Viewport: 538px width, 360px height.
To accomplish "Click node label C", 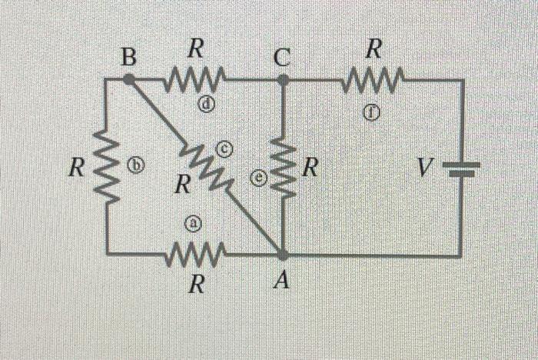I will tap(282, 55).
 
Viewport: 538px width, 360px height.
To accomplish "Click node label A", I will tap(282, 282).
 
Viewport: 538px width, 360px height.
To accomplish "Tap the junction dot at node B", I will tap(129, 78).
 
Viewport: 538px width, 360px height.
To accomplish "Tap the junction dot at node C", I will tap(283, 78).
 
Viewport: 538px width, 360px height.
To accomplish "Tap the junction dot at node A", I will tap(283, 255).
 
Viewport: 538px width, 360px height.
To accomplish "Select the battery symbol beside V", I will tap(461, 168).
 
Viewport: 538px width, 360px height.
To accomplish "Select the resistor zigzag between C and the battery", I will tap(374, 78).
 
